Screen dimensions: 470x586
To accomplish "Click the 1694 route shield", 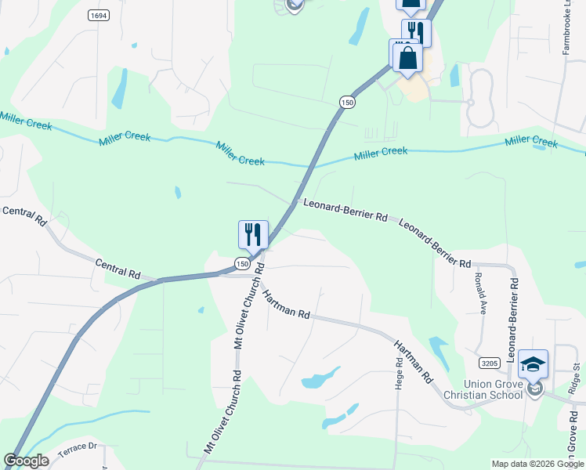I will click(x=98, y=15).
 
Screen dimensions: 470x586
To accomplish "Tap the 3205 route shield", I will click(x=490, y=363).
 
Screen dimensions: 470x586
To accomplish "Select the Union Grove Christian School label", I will click(x=493, y=389).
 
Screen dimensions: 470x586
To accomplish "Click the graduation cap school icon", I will click(x=533, y=364).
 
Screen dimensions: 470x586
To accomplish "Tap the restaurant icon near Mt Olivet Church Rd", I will click(x=253, y=234).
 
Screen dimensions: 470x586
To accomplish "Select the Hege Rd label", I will click(x=399, y=374).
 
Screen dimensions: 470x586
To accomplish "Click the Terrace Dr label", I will click(x=81, y=446).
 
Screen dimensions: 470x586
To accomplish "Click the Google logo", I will click(x=26, y=461).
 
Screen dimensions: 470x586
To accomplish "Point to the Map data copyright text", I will click(x=537, y=464).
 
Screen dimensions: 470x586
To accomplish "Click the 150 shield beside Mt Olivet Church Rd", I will click(x=244, y=265).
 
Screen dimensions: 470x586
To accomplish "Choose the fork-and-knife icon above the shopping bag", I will click(x=416, y=32).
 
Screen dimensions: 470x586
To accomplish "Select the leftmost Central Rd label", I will click(x=24, y=216).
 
